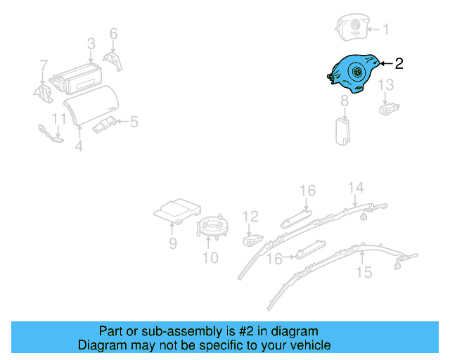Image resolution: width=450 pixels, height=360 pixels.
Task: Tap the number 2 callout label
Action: point(399,64)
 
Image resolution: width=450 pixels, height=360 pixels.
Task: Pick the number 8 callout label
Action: point(345,102)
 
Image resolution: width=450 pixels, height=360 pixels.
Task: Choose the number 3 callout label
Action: point(91,44)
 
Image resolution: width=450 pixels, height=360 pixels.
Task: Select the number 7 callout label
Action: point(44,66)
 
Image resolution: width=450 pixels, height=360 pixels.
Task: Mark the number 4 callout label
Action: point(79,146)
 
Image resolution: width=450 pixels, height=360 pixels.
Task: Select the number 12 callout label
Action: point(251,217)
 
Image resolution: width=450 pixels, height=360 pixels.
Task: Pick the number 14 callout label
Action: point(356,187)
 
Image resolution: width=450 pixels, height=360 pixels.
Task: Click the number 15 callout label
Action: point(364,272)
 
